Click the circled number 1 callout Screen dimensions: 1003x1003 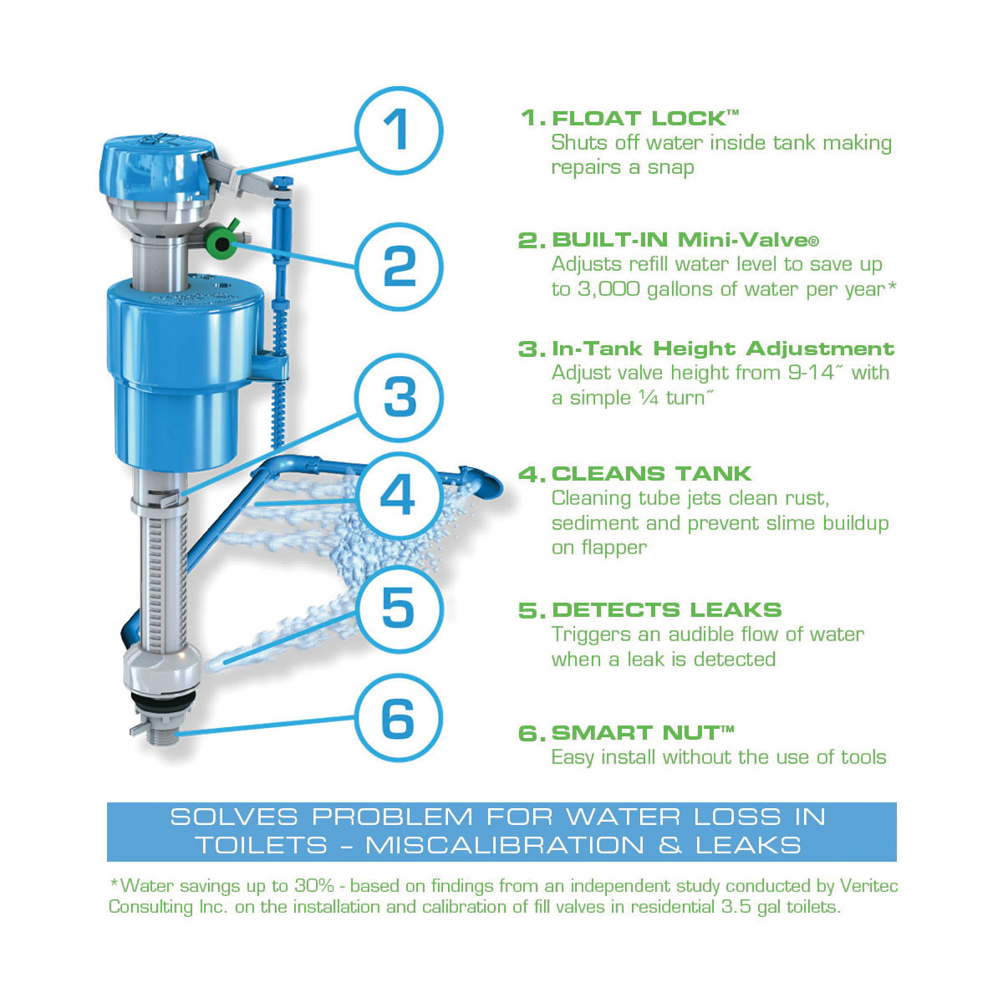pos(399,130)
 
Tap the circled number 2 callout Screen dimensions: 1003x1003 pos(399,267)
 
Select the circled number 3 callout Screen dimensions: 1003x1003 pos(399,398)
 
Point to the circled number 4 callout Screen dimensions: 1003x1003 pos(399,495)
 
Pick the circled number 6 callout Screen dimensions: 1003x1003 pos(399,719)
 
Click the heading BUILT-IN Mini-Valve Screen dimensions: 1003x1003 pos(685,240)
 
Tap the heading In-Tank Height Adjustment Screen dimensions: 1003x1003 pos(723,349)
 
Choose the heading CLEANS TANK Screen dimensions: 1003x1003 pos(652,474)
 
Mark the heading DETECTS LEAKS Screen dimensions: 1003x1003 pos(667,610)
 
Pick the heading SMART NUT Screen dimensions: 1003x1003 pos(642,733)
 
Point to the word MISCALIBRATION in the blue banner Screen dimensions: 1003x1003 pos(505,845)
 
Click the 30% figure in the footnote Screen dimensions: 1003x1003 pos(314,885)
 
